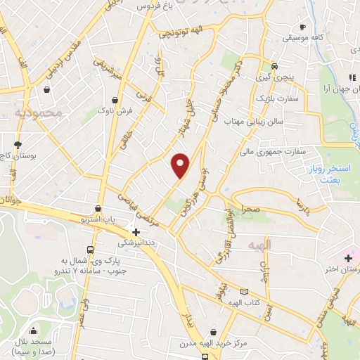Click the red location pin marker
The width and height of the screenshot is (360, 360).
pyautogui.click(x=181, y=165)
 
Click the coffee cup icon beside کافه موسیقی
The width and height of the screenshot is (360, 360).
pyautogui.click(x=302, y=25)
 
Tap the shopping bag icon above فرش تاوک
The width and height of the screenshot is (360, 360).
pyautogui.click(x=114, y=99)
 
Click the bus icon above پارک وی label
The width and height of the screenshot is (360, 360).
pyautogui.click(x=90, y=250)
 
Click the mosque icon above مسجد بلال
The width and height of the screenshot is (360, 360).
pyautogui.click(x=33, y=331)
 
